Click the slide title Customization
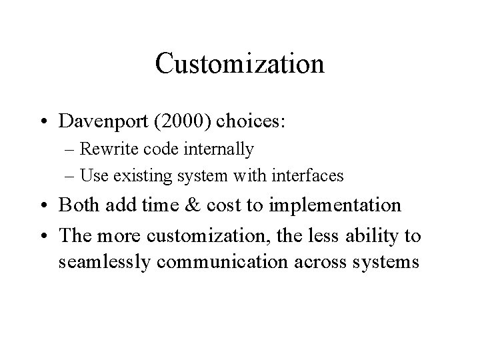pyautogui.click(x=239, y=64)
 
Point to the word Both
pyautogui.click(x=81, y=205)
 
